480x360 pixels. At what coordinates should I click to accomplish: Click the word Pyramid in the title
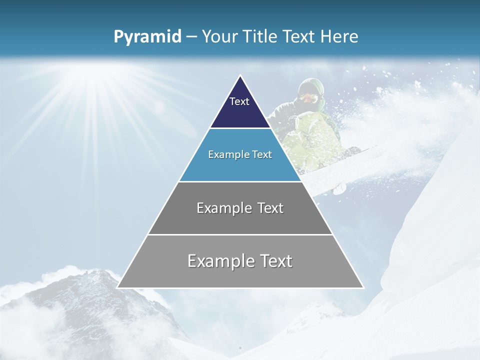click(147, 37)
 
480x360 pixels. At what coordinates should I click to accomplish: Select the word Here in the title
click(339, 37)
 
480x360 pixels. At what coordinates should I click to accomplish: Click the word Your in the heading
click(219, 37)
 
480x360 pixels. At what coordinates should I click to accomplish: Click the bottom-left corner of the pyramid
click(118, 287)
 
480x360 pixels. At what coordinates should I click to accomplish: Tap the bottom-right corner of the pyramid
click(362, 287)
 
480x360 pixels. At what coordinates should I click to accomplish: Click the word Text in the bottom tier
click(274, 261)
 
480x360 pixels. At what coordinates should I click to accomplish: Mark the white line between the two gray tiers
click(240, 234)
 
